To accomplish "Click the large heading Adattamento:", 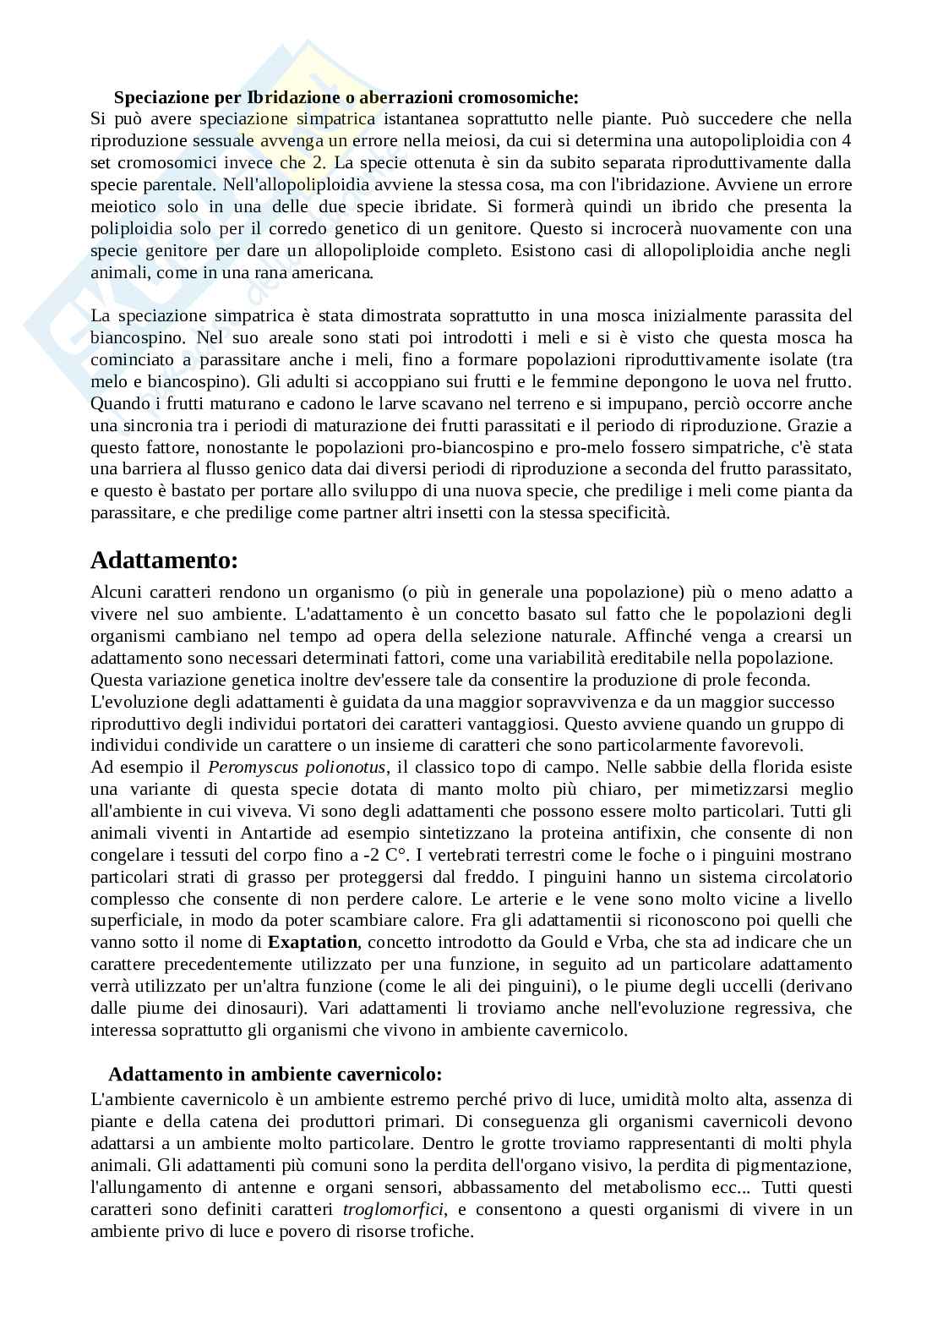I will [165, 561].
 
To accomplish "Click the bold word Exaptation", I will [313, 943].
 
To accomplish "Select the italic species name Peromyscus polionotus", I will [297, 768].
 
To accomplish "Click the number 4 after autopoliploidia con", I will [847, 140].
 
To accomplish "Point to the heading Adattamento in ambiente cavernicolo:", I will [275, 1075].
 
